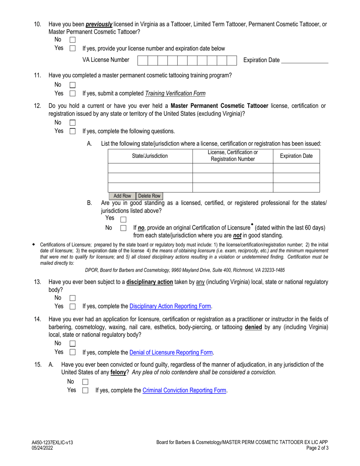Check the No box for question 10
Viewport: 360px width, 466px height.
point(73,40)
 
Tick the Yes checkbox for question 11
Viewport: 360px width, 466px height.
point(73,94)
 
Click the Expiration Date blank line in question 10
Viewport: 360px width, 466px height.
point(305,61)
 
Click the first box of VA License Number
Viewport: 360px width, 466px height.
point(142,60)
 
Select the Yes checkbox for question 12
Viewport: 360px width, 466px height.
point(73,131)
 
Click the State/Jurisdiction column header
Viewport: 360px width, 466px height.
point(150,156)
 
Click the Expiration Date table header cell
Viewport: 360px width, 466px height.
point(296,156)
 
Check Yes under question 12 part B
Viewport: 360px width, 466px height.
point(123,219)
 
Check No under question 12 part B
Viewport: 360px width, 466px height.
point(123,228)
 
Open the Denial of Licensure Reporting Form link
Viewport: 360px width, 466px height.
point(171,352)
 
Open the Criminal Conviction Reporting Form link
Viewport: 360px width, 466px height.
point(185,390)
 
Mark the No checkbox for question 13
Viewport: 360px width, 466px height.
point(73,298)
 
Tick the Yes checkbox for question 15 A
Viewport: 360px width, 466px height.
point(85,390)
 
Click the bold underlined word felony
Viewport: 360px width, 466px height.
point(118,372)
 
